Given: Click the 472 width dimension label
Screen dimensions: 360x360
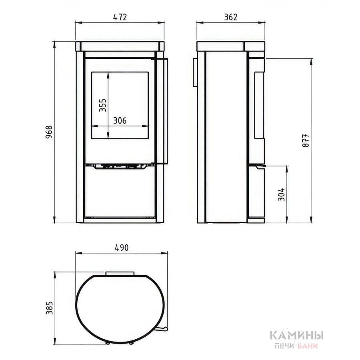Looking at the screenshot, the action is point(120,17).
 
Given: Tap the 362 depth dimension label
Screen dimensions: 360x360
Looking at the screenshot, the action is point(231,17).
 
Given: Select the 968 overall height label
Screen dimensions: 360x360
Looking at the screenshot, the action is point(49,132).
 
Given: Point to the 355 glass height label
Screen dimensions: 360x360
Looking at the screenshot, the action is point(103,105).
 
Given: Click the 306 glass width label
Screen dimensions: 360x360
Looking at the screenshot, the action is point(120,120).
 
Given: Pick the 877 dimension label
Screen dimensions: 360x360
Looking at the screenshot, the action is point(306,140).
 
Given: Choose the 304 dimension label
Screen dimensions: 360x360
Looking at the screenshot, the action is point(281,194).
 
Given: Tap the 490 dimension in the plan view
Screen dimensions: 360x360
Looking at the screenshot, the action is point(122,248).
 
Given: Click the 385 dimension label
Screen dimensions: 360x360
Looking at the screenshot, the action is point(49,308).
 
